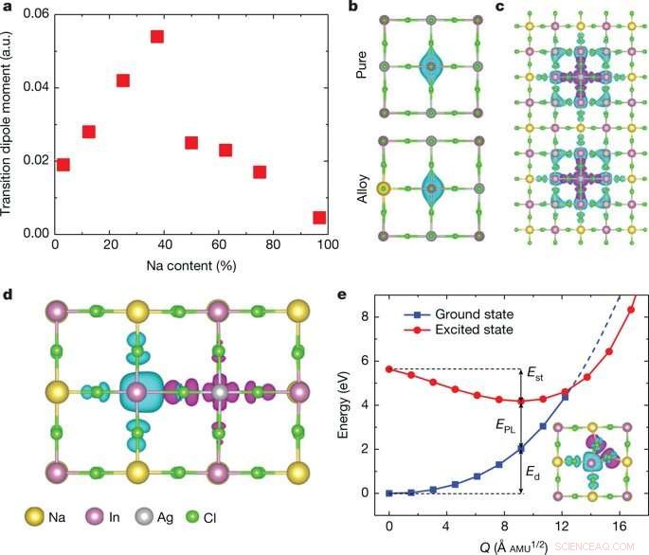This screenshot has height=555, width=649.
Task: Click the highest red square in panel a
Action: click(157, 37)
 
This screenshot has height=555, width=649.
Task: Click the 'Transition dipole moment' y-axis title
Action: click(9, 123)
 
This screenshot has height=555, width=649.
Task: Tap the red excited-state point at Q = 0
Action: click(389, 369)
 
